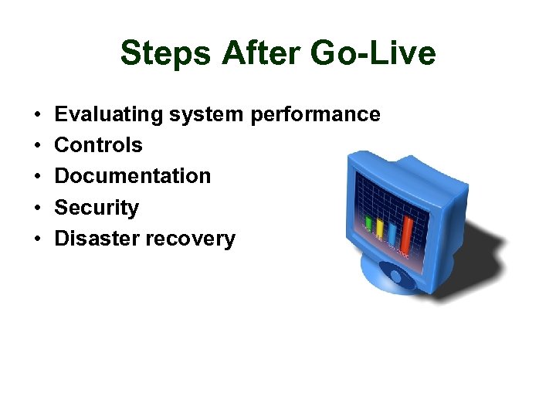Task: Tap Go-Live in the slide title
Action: [372, 54]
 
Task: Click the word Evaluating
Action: [109, 115]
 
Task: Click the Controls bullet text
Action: [98, 145]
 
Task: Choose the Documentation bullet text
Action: [132, 176]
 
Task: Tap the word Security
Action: [97, 208]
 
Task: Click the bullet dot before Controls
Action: [38, 146]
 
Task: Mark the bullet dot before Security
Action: [38, 208]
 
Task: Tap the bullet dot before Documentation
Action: [38, 177]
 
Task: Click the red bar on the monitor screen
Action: [408, 221]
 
